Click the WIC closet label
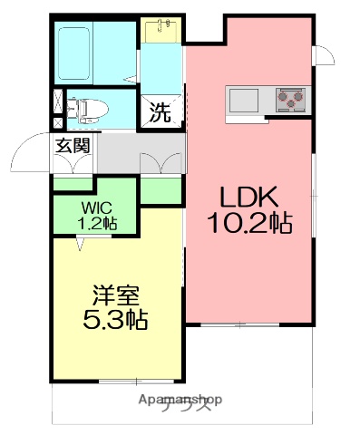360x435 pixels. coord(93,208)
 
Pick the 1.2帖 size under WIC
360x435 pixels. coord(93,222)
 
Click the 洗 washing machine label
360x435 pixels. coord(160,114)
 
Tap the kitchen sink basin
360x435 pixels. coord(245,98)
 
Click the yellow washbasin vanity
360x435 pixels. coord(163,30)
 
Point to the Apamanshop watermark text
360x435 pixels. coord(180,400)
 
